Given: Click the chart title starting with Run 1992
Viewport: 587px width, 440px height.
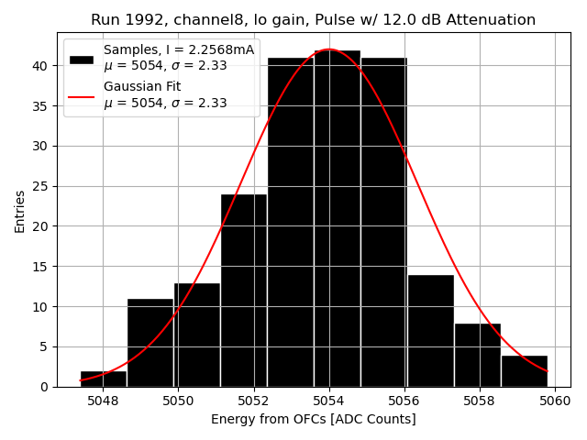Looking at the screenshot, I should (x=313, y=20).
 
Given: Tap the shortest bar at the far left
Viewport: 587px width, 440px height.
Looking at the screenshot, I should (x=103, y=379).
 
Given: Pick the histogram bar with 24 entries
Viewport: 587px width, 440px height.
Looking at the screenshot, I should (x=243, y=291).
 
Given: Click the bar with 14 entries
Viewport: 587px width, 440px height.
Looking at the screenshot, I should (x=430, y=331).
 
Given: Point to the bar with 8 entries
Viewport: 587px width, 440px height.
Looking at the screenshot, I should (x=477, y=355).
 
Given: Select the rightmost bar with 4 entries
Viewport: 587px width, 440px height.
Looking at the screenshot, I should (x=524, y=370).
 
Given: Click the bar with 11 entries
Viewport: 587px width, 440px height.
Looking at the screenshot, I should (x=150, y=343).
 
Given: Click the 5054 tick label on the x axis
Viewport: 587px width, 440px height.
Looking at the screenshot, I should (x=328, y=401).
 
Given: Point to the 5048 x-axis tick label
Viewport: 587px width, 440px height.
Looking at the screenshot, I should (x=103, y=401).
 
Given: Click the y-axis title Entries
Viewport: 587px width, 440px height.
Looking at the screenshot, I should (x=19, y=211).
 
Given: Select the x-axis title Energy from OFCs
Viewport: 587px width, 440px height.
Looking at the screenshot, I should (x=313, y=420).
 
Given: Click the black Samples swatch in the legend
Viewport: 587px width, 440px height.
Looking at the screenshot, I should (x=82, y=59).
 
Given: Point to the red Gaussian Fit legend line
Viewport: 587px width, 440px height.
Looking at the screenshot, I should (x=82, y=95).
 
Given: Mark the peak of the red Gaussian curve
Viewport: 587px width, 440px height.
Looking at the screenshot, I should (x=328, y=49).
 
